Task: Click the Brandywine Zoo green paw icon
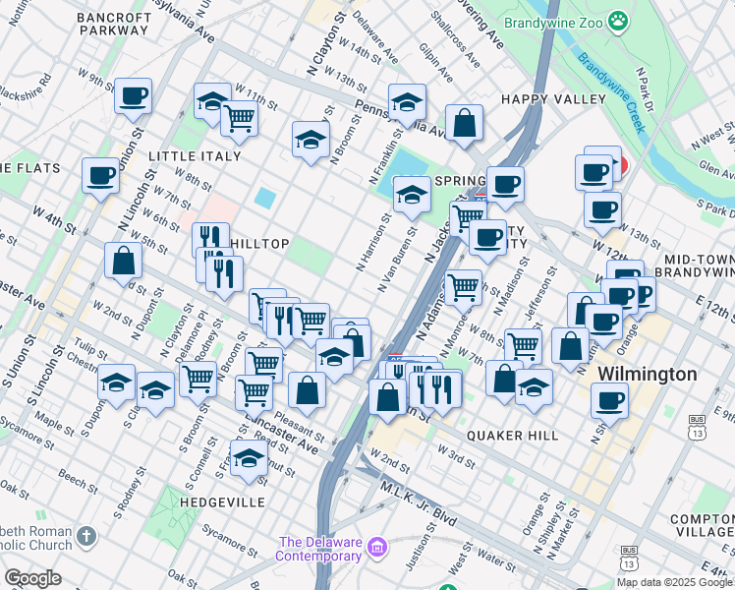pos(617,21)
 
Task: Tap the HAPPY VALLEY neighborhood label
pos(553,99)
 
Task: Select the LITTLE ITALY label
pos(195,156)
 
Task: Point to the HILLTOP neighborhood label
pos(259,242)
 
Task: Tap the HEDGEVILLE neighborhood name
pos(222,501)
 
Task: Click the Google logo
pos(32,578)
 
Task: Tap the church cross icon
pos(86,536)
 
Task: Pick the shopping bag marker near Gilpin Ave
pos(465,123)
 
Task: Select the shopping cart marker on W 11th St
pos(240,118)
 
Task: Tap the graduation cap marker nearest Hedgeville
pos(249,457)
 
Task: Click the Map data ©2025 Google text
pos(673,582)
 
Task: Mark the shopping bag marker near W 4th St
pos(124,260)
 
